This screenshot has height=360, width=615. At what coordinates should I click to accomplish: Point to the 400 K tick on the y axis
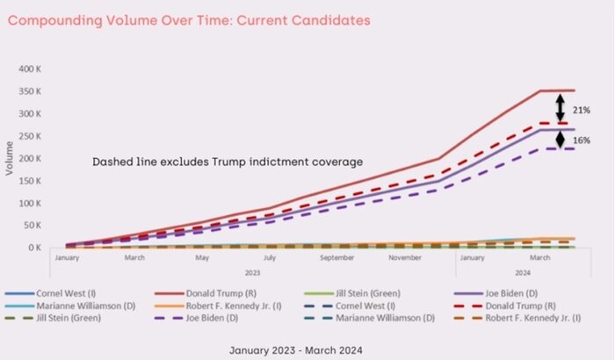[x=40, y=68]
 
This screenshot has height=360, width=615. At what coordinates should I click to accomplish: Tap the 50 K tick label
[x=42, y=226]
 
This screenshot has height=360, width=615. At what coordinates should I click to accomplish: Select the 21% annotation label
[x=581, y=110]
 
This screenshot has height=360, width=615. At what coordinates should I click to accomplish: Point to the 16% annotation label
[x=581, y=140]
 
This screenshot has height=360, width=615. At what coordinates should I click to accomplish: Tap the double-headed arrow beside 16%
[x=560, y=139]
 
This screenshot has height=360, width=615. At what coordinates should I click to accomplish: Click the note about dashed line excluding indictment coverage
[x=228, y=162]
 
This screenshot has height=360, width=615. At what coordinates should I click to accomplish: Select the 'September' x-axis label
[x=337, y=258]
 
